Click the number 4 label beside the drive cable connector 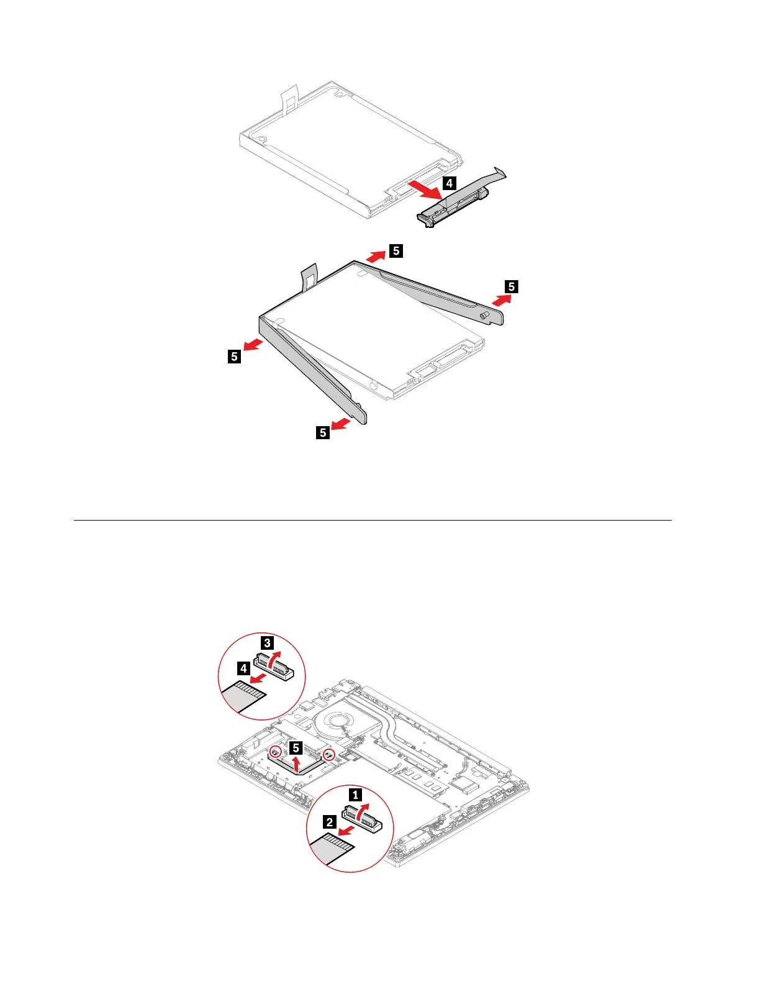[x=449, y=183]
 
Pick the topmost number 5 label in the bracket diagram [x=396, y=250]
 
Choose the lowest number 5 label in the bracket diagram [x=323, y=432]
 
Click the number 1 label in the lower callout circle [x=355, y=795]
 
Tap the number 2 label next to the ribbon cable [x=330, y=822]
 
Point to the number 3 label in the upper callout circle [x=267, y=642]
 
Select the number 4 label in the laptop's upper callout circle [x=243, y=668]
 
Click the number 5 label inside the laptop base [x=296, y=748]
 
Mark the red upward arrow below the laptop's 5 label [x=296, y=763]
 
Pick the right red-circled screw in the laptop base [x=329, y=755]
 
